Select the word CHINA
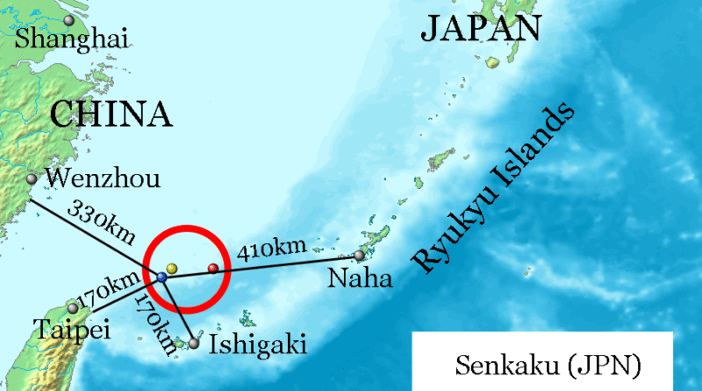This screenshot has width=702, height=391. click(110, 114)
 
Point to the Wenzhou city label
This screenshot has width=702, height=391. click(102, 179)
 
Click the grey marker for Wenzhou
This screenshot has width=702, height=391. click(32, 179)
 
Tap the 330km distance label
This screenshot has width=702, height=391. click(102, 224)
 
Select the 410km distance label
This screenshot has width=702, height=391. click(272, 250)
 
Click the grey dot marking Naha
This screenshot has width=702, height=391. click(359, 256)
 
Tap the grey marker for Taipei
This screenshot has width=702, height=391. click(73, 308)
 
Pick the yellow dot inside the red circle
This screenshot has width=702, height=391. click(172, 267)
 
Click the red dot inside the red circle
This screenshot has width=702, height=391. click(212, 268)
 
